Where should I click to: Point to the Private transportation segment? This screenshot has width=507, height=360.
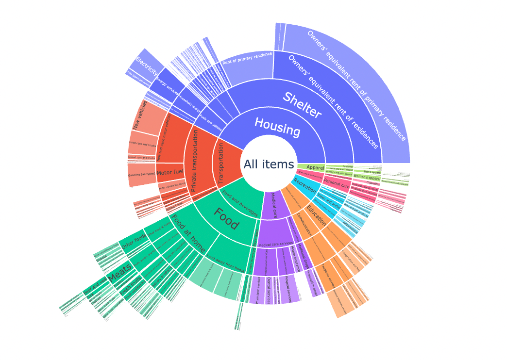click(x=196, y=160)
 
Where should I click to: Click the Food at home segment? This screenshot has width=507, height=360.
click(x=187, y=232)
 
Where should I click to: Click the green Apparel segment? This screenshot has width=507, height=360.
click(x=311, y=167)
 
